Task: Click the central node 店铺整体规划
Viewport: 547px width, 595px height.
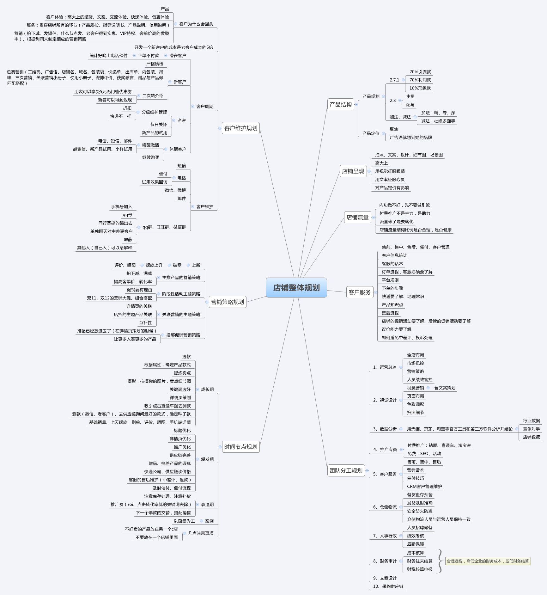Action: click(296, 287)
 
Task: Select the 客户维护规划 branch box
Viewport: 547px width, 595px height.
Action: click(240, 128)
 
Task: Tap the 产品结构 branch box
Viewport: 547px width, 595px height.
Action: click(341, 104)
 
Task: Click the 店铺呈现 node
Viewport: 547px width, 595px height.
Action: click(353, 171)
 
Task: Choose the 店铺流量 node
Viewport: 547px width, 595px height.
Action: click(357, 217)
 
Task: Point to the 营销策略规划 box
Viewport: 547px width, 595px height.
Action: click(228, 302)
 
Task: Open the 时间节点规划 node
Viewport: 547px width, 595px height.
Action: click(240, 447)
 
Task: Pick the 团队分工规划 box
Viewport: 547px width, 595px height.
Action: click(346, 470)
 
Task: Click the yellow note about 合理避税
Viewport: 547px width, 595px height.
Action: click(488, 561)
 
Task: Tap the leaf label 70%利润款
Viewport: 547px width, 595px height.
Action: click(420, 80)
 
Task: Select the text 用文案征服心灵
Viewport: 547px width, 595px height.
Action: click(390, 180)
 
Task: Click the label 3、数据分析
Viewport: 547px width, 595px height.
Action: click(385, 429)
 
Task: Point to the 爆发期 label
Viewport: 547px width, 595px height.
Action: click(207, 459)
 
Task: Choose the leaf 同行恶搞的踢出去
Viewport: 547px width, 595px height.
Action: click(115, 223)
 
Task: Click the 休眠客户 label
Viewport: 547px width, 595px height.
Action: click(178, 149)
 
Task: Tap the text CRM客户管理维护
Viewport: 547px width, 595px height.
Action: click(424, 487)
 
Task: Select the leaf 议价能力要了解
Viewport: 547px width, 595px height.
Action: click(396, 329)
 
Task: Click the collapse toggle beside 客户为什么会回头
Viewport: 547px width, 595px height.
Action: click(176, 24)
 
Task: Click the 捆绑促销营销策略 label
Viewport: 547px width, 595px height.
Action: click(183, 335)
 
